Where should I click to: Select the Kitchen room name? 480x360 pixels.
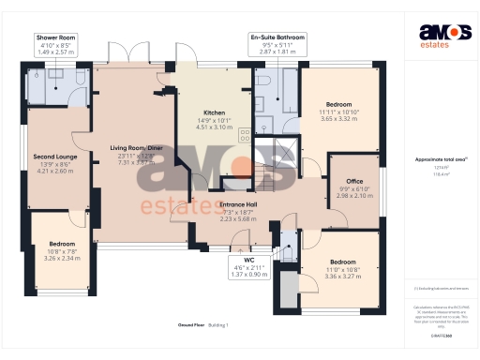click(215, 112)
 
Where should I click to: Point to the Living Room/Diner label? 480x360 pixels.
click(136, 148)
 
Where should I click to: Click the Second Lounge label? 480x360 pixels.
click(53, 157)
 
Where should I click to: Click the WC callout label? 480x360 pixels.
click(248, 260)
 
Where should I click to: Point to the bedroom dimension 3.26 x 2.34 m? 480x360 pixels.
click(62, 258)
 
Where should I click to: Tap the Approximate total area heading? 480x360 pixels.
click(442, 160)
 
